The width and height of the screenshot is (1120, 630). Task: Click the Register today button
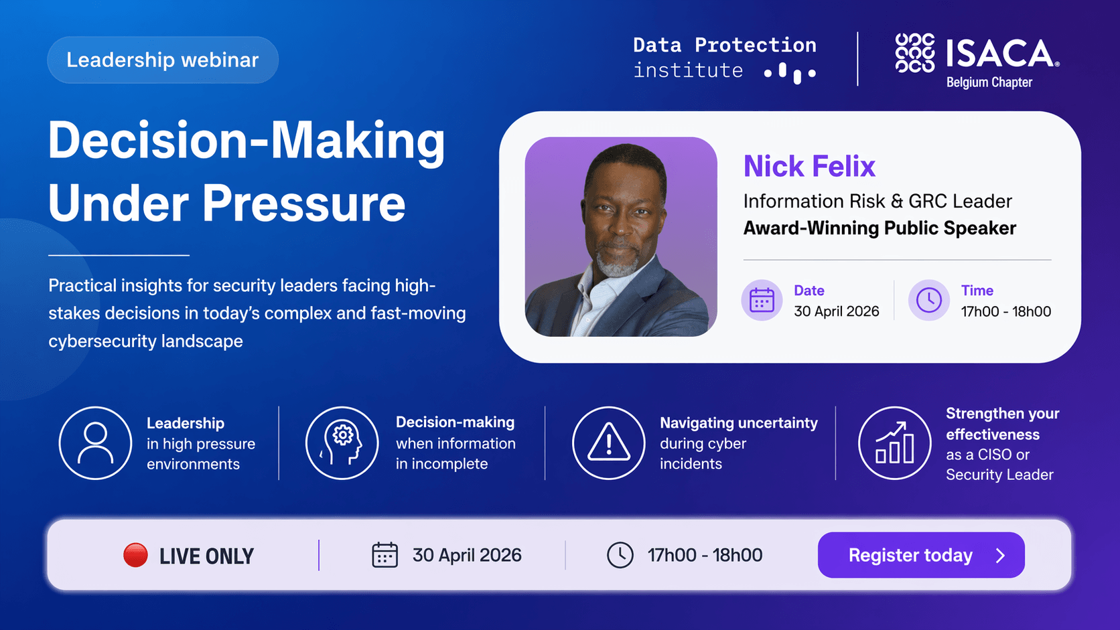pyautogui.click(x=921, y=555)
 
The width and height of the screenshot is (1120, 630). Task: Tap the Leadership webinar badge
pyautogui.click(x=163, y=60)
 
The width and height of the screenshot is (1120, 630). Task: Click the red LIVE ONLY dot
pyautogui.click(x=135, y=555)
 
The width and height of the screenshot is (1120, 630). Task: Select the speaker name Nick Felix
pyautogui.click(x=809, y=166)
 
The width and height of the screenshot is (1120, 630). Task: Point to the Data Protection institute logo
pyautogui.click(x=725, y=59)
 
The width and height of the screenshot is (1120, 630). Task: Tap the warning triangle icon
pyautogui.click(x=608, y=443)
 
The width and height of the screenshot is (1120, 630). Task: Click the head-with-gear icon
pyautogui.click(x=342, y=443)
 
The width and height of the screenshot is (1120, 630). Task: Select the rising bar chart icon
pyautogui.click(x=894, y=443)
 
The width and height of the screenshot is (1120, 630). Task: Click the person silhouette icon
pyautogui.click(x=95, y=443)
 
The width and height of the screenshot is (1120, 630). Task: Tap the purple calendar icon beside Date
pyautogui.click(x=762, y=300)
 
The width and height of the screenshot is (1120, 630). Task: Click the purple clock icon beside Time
pyautogui.click(x=928, y=300)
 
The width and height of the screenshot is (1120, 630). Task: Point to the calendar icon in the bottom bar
pyautogui.click(x=384, y=555)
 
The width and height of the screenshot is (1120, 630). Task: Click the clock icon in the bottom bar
pyautogui.click(x=620, y=555)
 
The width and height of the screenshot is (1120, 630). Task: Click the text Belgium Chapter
pyautogui.click(x=989, y=82)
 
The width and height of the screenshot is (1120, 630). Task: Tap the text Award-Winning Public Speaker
pyautogui.click(x=880, y=228)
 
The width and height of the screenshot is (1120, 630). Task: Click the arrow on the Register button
pyautogui.click(x=1001, y=556)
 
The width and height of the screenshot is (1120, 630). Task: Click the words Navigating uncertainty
pyautogui.click(x=738, y=423)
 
